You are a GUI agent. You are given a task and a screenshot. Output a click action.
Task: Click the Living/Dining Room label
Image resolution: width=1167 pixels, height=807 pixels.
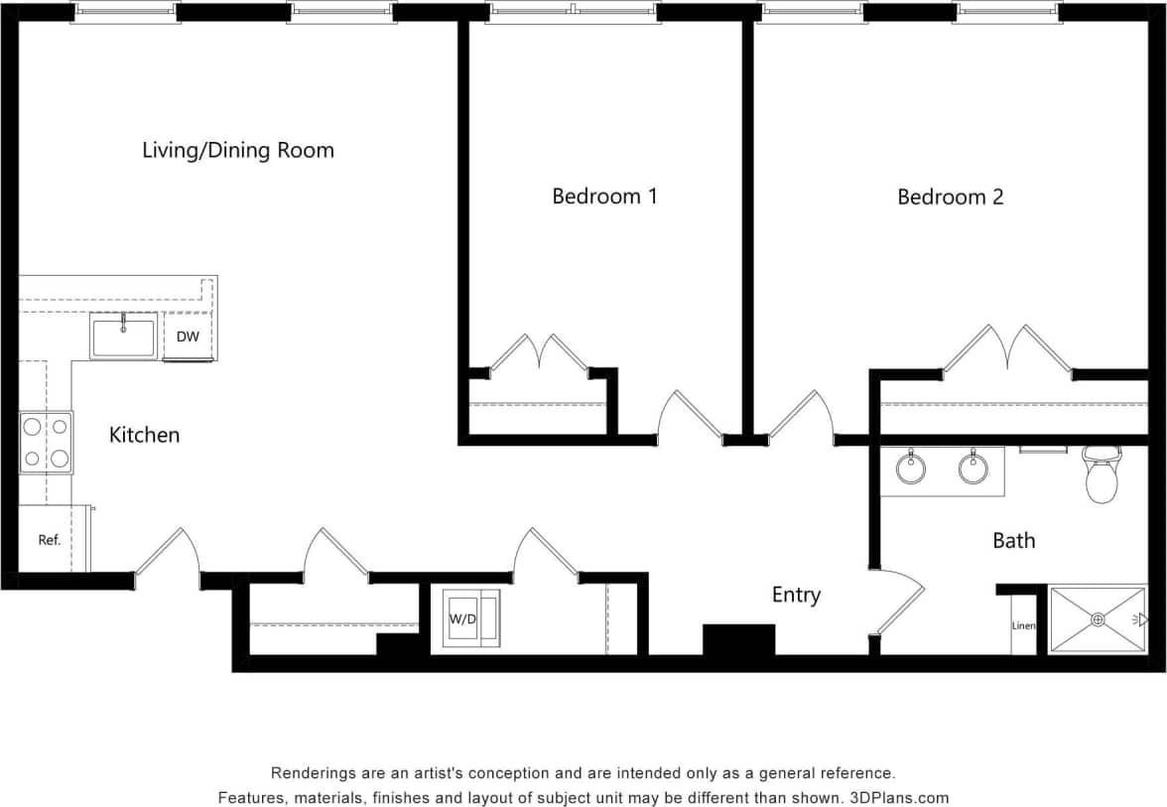(238, 151)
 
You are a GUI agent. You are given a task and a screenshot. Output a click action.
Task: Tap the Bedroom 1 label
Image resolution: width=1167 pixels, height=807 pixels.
(604, 197)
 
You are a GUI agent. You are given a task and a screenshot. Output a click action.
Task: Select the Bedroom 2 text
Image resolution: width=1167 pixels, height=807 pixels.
(950, 197)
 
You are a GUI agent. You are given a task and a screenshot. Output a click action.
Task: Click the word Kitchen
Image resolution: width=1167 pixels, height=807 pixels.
(144, 435)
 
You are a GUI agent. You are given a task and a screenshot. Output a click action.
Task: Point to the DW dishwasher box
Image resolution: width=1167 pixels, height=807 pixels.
(188, 336)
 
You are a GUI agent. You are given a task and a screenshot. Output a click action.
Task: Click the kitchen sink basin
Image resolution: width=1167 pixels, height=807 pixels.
(123, 336)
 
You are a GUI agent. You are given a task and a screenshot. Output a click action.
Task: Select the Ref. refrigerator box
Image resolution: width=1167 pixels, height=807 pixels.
(50, 540)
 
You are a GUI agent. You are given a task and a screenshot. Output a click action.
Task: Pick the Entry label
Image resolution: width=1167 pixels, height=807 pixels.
(796, 595)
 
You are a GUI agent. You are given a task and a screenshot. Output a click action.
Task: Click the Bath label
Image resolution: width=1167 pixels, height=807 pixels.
(1013, 541)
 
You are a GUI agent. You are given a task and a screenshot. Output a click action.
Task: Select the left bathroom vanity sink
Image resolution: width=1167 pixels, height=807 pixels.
(911, 467)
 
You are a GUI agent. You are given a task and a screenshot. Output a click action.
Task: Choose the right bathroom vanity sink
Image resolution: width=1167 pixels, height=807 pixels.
(972, 467)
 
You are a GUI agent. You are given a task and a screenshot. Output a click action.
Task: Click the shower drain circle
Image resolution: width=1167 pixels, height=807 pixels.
(1098, 619)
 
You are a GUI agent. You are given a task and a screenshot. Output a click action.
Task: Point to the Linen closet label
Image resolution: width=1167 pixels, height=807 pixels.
(1023, 626)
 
